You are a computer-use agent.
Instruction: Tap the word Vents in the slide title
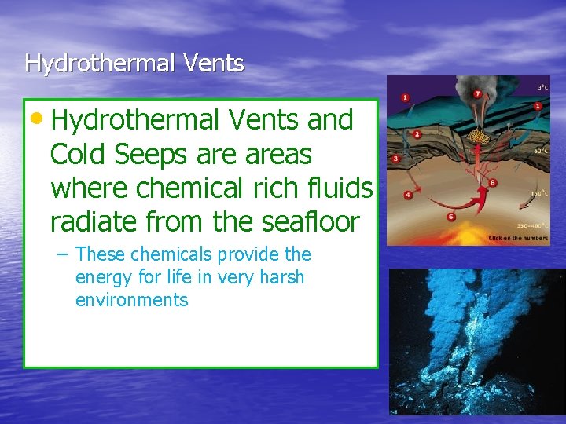point(213,63)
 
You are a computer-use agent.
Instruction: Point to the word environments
point(132,300)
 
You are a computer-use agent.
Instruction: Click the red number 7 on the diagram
point(477,95)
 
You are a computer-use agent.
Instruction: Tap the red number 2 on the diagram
point(417,134)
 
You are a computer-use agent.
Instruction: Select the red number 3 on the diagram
point(395,159)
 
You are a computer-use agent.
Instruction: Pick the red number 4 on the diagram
point(407,195)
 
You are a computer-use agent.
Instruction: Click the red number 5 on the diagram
point(450,216)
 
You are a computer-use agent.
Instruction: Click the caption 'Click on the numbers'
point(519,238)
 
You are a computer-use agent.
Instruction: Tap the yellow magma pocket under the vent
point(476,137)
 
